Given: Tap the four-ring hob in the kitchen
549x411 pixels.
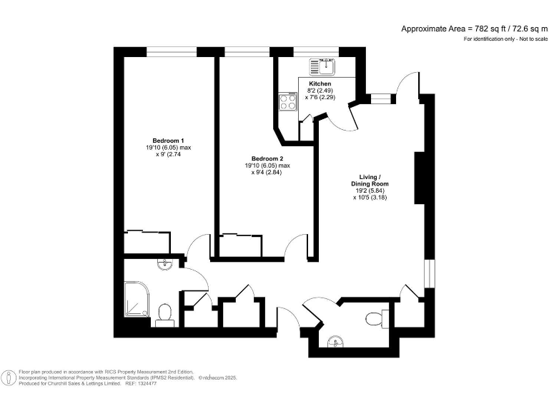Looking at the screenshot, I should pos(287,102).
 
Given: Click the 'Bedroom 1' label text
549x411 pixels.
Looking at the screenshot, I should pos(169,140).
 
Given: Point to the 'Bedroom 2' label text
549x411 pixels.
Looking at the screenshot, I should pos(267,158).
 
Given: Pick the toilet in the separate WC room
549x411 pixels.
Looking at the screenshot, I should pos(375,317).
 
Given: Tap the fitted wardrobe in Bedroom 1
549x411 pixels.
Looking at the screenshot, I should pos(147,241).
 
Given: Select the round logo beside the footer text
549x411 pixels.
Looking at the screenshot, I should pos(9,377).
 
